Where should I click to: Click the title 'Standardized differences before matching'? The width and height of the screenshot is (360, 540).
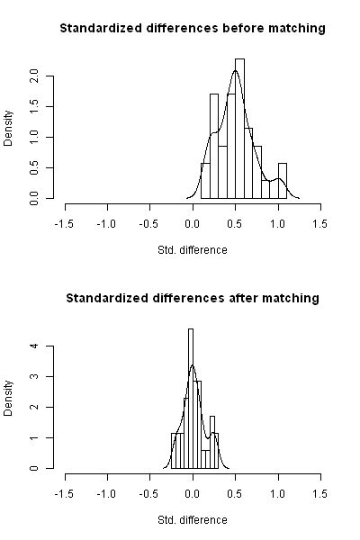[x=192, y=29]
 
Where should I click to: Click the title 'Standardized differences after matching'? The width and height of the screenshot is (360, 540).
[x=192, y=298]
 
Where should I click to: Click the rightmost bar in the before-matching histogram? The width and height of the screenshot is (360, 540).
[x=283, y=180]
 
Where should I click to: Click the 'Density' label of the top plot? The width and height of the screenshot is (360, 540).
[x=10, y=129]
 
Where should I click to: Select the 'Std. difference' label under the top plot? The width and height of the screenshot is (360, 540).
[x=192, y=249]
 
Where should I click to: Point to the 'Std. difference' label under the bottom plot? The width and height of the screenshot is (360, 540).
[x=192, y=519]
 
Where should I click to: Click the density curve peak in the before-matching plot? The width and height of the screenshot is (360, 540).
[x=234, y=69]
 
